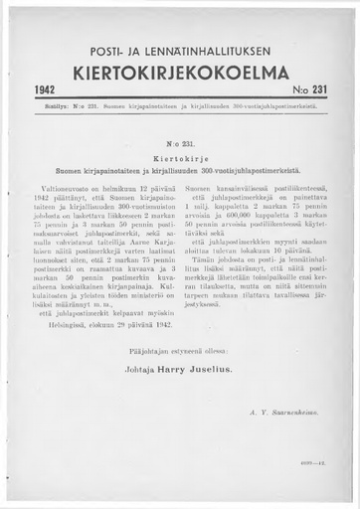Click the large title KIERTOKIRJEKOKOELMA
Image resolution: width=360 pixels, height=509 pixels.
(179, 74)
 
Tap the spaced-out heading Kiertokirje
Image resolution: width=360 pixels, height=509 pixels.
(179, 157)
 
